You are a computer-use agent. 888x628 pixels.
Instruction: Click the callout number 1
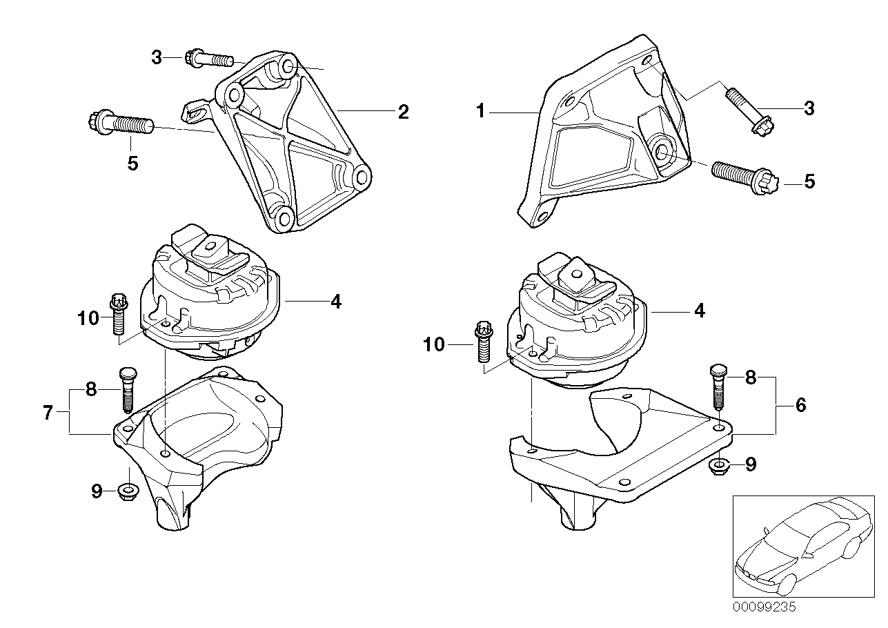click(481, 110)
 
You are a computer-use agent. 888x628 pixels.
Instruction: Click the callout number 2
click(403, 111)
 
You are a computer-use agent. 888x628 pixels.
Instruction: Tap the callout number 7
click(48, 413)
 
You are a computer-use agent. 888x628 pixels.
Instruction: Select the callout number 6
click(800, 405)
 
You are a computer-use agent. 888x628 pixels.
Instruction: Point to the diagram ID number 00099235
click(764, 607)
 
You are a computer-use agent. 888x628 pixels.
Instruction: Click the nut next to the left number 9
click(127, 492)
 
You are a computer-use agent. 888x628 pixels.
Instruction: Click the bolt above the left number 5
click(117, 125)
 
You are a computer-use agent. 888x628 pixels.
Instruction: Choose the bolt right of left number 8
click(127, 388)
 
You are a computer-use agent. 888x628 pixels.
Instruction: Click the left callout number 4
click(335, 302)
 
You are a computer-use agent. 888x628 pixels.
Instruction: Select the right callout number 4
click(699, 311)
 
